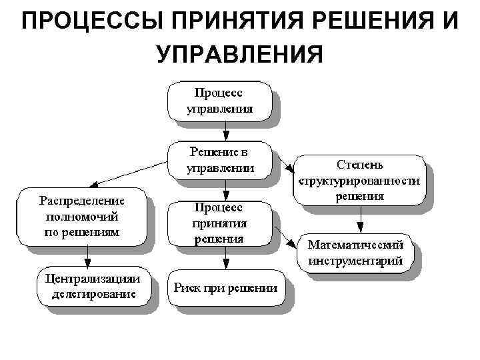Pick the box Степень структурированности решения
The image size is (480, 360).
pyautogui.click(x=359, y=179)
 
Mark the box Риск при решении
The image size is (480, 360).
pyautogui.click(x=225, y=287)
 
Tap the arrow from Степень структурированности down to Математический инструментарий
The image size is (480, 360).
pyautogui.click(x=359, y=218)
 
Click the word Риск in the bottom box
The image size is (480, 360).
pyautogui.click(x=187, y=287)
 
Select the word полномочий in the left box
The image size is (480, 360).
pyautogui.click(x=83, y=216)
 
